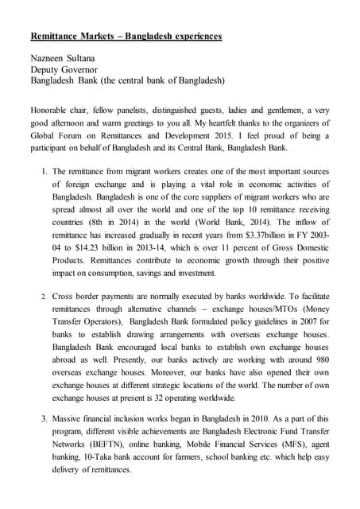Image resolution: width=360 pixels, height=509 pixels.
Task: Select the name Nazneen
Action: click(x=48, y=59)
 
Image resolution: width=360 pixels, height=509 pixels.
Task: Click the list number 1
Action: click(x=45, y=171)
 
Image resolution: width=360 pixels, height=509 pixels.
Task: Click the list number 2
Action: click(x=45, y=297)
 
